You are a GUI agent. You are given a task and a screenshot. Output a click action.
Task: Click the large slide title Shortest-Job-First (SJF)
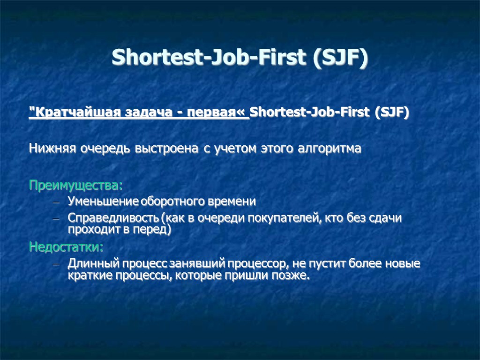click(240, 58)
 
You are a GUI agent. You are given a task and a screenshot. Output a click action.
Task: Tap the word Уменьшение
click(103, 202)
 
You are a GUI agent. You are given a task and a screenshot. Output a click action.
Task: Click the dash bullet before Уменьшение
click(56, 202)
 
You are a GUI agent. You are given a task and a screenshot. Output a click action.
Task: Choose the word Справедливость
click(113, 218)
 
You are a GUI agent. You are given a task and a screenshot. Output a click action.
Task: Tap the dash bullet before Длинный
click(56, 264)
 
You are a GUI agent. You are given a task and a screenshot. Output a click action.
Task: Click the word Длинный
click(90, 264)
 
